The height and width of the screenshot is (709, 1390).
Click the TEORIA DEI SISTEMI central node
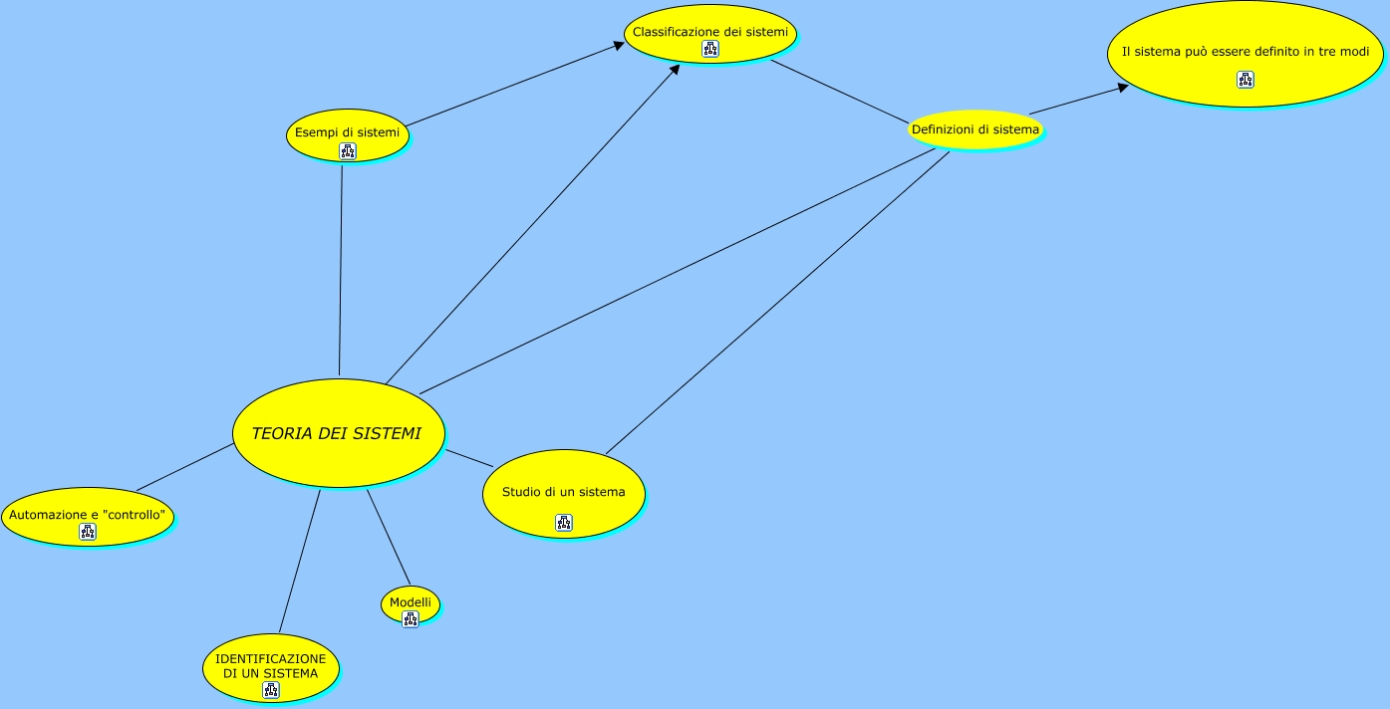tap(337, 433)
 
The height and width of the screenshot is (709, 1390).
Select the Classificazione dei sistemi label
tap(709, 32)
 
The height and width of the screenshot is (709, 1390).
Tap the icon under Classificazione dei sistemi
tap(709, 49)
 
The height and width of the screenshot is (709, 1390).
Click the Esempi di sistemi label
tap(347, 131)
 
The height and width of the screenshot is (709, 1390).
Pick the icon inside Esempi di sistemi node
tap(347, 151)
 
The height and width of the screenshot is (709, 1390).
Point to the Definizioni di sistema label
tap(975, 129)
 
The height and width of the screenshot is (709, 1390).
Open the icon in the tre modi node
tap(1246, 80)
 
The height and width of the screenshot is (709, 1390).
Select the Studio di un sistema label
tap(563, 492)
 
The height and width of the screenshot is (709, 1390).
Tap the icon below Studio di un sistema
tap(564, 523)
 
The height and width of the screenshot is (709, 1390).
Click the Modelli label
tap(410, 602)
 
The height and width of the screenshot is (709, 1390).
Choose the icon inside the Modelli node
tap(410, 619)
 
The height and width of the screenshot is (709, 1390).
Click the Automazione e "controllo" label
tap(88, 515)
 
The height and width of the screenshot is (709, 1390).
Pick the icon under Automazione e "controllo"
tap(88, 532)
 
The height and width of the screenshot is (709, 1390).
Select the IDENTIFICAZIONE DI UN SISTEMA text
tap(270, 665)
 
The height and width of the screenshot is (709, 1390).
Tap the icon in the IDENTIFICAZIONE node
tap(270, 690)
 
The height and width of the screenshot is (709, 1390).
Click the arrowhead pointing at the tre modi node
tap(1123, 87)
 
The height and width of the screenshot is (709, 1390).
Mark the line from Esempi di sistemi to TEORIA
tap(341, 269)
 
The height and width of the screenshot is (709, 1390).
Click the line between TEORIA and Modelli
tap(389, 538)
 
